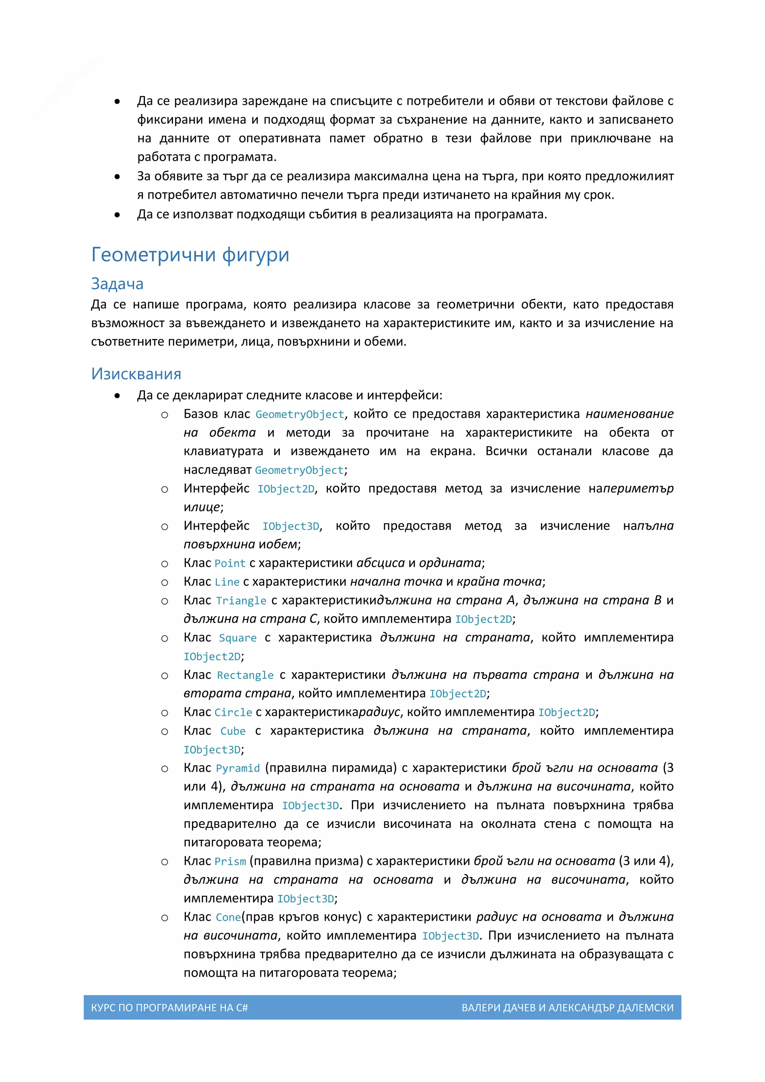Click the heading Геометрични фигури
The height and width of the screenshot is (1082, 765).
coord(190,254)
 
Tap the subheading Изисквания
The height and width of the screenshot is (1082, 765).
coord(136,374)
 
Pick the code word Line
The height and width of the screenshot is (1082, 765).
coord(227,582)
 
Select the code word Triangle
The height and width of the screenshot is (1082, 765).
coord(241,600)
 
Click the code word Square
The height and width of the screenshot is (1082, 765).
coord(238,638)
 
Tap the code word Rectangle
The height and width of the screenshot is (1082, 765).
coord(245,675)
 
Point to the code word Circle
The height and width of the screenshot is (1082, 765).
coord(233,712)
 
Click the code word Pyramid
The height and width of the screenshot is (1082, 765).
coord(238,768)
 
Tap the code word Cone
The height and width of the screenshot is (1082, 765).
coord(228,917)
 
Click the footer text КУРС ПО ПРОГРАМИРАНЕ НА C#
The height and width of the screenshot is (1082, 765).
coord(169,1008)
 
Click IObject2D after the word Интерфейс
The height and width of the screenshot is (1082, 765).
coord(285,489)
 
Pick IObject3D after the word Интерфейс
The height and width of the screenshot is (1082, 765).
coord(291,526)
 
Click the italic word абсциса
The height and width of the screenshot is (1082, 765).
coord(380,563)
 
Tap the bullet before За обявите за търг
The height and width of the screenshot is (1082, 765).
coord(117,177)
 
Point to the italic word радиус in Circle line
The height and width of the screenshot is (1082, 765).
coord(379,712)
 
